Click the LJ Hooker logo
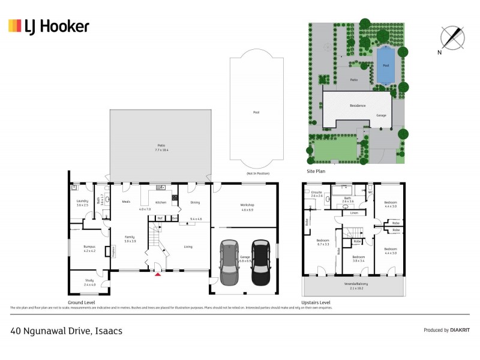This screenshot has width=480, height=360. (x=49, y=26)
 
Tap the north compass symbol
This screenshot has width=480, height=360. (x=452, y=37)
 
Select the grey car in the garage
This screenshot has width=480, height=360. (x=229, y=262)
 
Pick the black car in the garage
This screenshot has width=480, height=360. (x=260, y=262)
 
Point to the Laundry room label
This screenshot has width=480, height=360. (x=82, y=201)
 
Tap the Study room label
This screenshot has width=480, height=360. (x=89, y=281)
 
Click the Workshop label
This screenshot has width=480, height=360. (x=247, y=205)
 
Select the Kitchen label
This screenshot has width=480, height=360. (x=161, y=202)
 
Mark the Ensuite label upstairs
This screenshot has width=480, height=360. (x=317, y=192)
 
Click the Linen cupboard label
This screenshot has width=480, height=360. (x=354, y=213)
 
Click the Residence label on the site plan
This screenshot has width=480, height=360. (x=358, y=106)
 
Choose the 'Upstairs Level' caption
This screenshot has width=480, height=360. (x=316, y=302)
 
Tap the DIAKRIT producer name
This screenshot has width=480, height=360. (x=460, y=330)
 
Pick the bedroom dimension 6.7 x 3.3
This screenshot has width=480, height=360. (x=324, y=244)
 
